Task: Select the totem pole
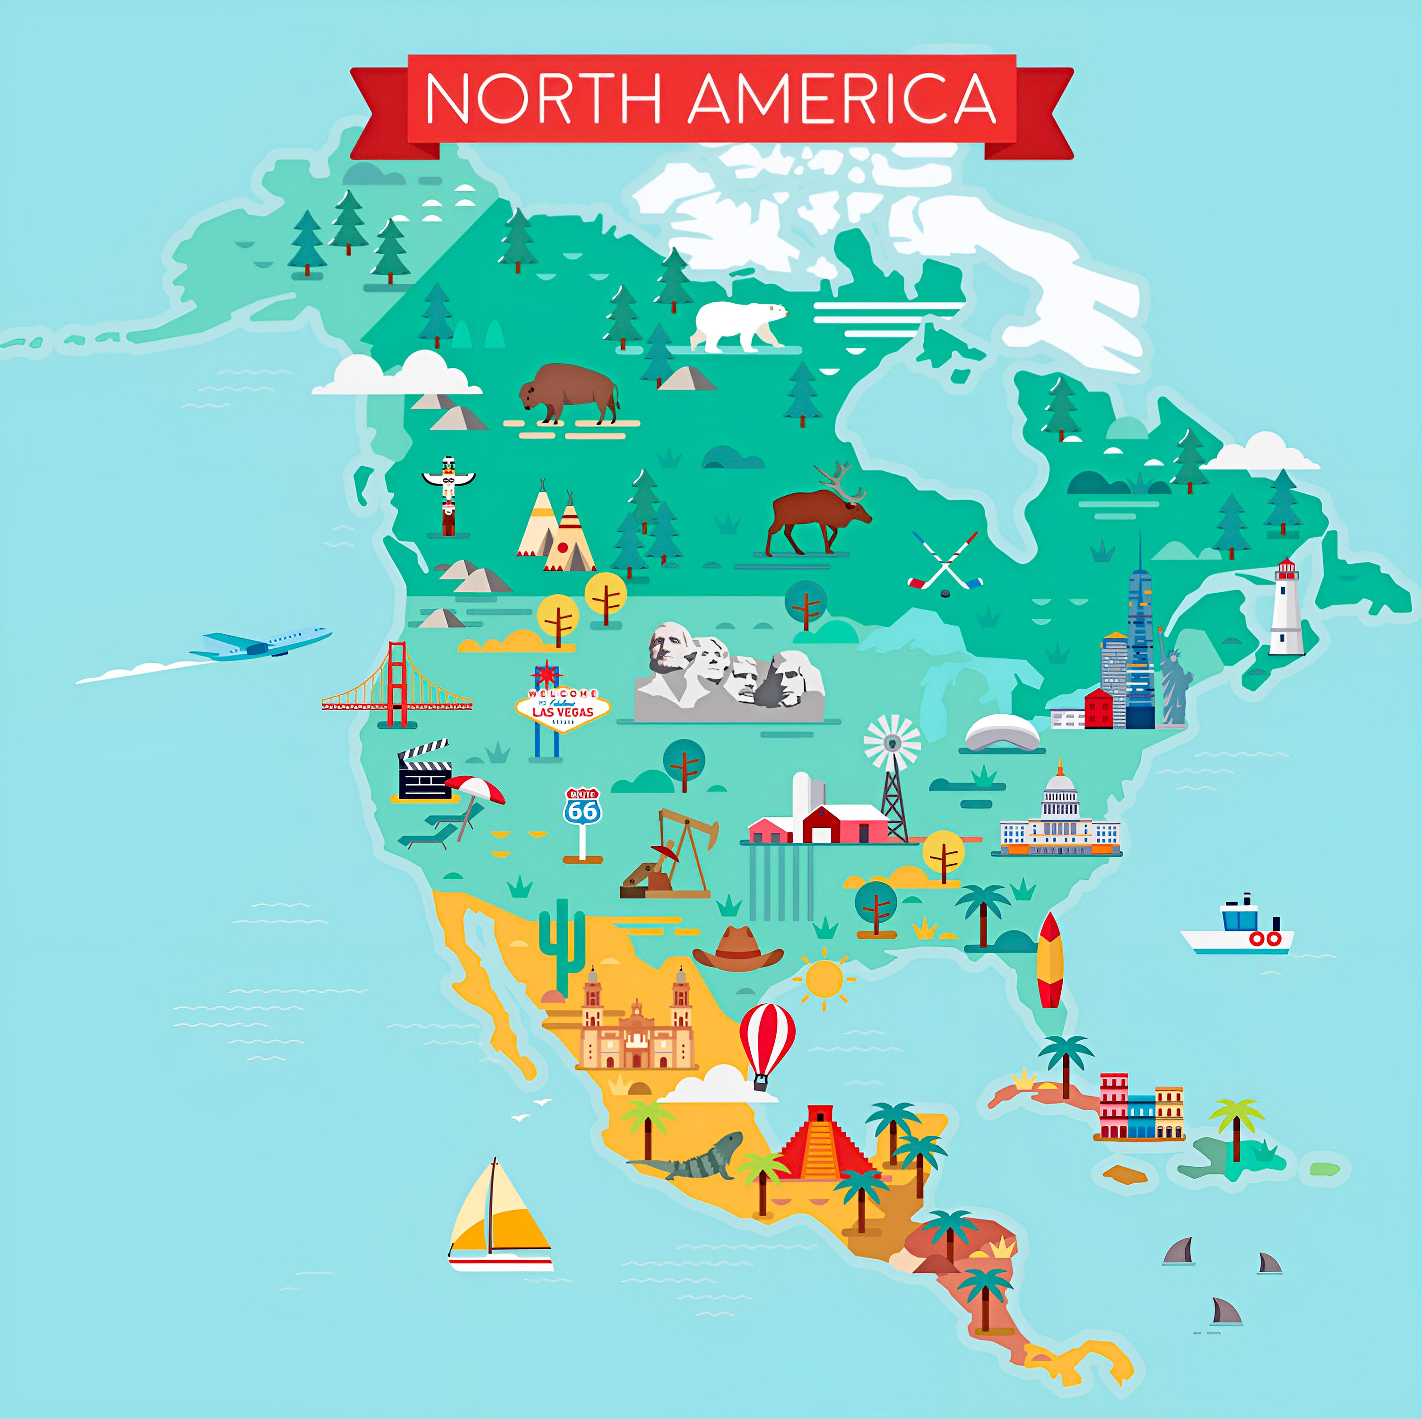(x=448, y=494)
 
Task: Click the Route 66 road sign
(x=583, y=810)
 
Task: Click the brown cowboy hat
(x=737, y=950)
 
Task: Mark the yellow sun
(x=824, y=978)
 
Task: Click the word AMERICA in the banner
(x=842, y=99)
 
